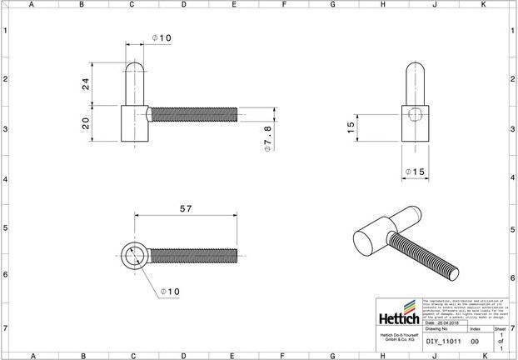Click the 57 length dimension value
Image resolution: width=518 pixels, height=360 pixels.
(x=186, y=208)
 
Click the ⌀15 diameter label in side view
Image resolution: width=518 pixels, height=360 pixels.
(x=414, y=172)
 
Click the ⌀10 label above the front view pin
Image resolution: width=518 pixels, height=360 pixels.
(x=162, y=38)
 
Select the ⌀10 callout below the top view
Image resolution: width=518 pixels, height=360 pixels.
(x=169, y=292)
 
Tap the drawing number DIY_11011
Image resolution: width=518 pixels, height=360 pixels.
(x=443, y=341)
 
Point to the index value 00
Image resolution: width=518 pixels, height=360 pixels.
(x=475, y=341)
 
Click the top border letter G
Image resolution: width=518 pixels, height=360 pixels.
(x=332, y=4)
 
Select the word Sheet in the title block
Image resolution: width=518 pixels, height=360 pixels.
(x=499, y=329)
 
